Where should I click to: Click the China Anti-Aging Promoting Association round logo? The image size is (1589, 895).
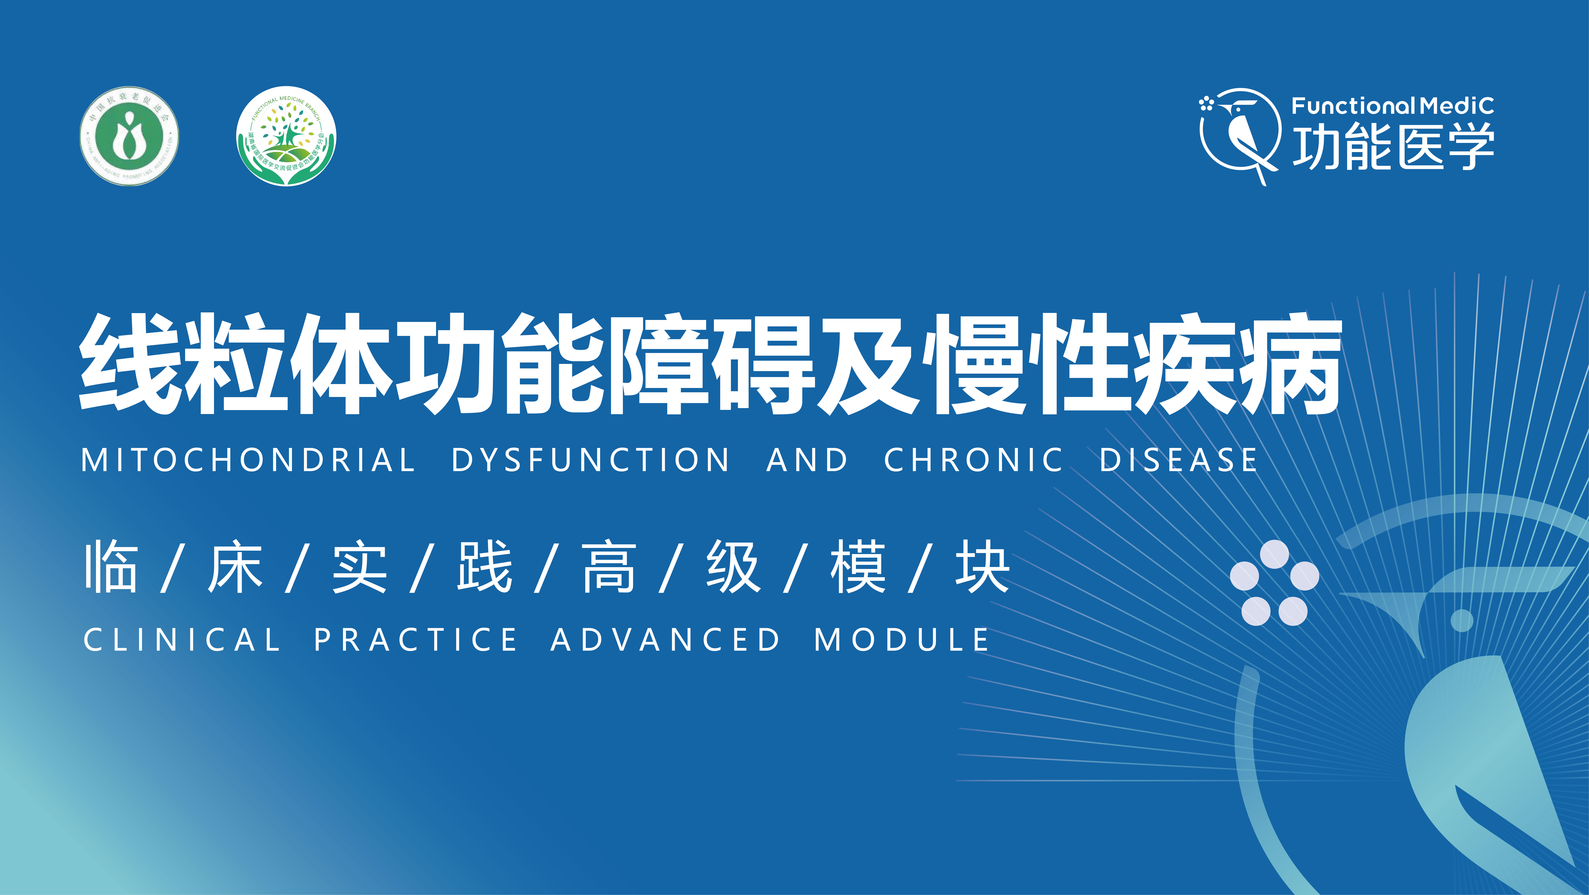click(129, 136)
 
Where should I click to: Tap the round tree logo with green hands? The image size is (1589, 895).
click(286, 136)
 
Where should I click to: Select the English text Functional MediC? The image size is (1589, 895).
click(1392, 106)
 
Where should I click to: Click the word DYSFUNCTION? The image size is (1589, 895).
click(590, 461)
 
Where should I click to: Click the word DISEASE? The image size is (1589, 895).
click(1178, 461)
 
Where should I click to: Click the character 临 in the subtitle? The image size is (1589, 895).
click(111, 567)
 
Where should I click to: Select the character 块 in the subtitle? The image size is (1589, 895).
click(982, 567)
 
